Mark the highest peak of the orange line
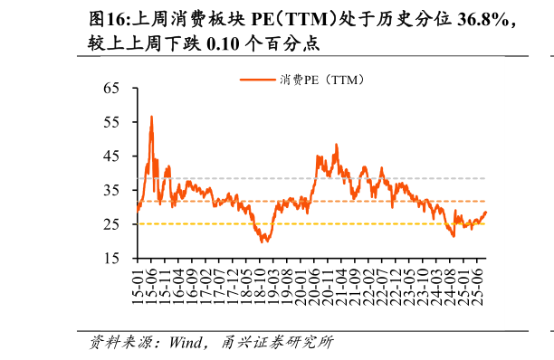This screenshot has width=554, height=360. [151, 117]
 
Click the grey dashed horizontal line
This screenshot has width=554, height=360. [407, 178]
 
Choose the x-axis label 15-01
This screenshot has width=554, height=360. [138, 286]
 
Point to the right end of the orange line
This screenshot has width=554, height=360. [486, 213]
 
